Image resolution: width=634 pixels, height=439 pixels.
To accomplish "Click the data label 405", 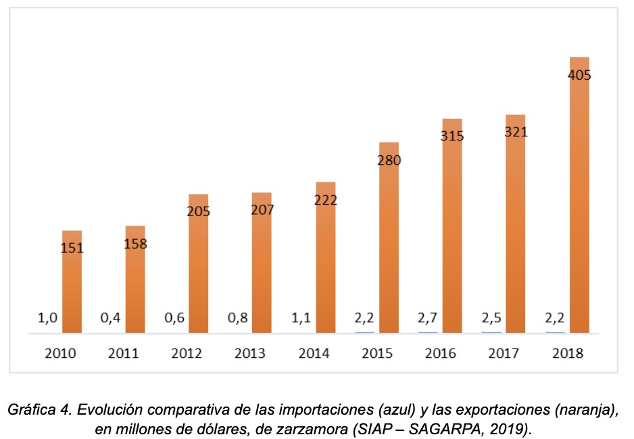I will tap(579, 75).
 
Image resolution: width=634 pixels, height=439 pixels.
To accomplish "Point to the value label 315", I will tap(452, 136).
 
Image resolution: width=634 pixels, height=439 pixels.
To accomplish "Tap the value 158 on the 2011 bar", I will tap(136, 243).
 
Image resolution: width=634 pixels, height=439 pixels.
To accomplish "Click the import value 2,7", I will tap(428, 317).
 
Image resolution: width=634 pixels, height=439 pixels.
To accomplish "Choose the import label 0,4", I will tap(112, 317).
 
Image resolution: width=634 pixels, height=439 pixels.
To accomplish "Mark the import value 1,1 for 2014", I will tap(301, 317).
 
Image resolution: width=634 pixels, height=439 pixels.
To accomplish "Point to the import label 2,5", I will tap(491, 317).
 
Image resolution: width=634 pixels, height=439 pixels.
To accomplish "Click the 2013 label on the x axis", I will tap(250, 353).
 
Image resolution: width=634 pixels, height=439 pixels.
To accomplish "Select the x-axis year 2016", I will tap(440, 353).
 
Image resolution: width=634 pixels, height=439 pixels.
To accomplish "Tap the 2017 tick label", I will tap(504, 353).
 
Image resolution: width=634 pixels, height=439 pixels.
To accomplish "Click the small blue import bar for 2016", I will tap(428, 332).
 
